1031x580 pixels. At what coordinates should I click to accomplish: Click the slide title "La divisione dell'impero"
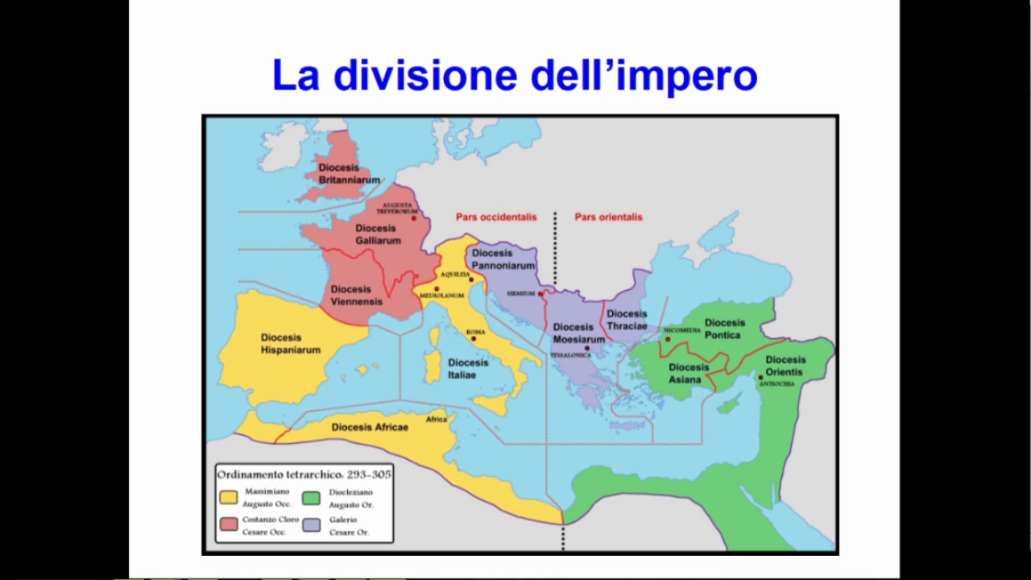[x=515, y=75]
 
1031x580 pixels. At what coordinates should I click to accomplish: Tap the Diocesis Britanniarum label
[x=349, y=174]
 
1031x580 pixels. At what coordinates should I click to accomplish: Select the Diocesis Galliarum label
[x=377, y=234]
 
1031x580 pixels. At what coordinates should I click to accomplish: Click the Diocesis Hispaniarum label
[x=290, y=344]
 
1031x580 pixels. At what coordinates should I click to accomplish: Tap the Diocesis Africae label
[x=370, y=427]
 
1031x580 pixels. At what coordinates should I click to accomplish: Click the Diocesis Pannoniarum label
[x=503, y=259]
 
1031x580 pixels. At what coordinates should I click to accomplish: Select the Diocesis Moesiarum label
[x=578, y=333]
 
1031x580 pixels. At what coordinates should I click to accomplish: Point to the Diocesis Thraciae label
[x=627, y=320]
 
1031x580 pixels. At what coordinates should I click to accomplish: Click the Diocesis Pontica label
[x=725, y=329]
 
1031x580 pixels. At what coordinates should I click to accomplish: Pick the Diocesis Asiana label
[x=689, y=373]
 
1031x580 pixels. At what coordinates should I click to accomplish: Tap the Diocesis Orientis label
[x=785, y=366]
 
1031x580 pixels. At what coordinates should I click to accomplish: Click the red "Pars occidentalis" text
[x=495, y=217]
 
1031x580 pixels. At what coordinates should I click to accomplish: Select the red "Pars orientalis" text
[x=608, y=217]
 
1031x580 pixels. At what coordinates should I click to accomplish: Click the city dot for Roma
[x=474, y=339]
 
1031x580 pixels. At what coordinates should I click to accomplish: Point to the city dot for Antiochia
[x=760, y=377]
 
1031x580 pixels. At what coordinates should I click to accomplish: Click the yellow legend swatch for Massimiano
[x=229, y=497]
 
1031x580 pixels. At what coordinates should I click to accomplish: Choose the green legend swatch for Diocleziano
[x=311, y=497]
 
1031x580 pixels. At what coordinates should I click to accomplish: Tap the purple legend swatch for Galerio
[x=311, y=525]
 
